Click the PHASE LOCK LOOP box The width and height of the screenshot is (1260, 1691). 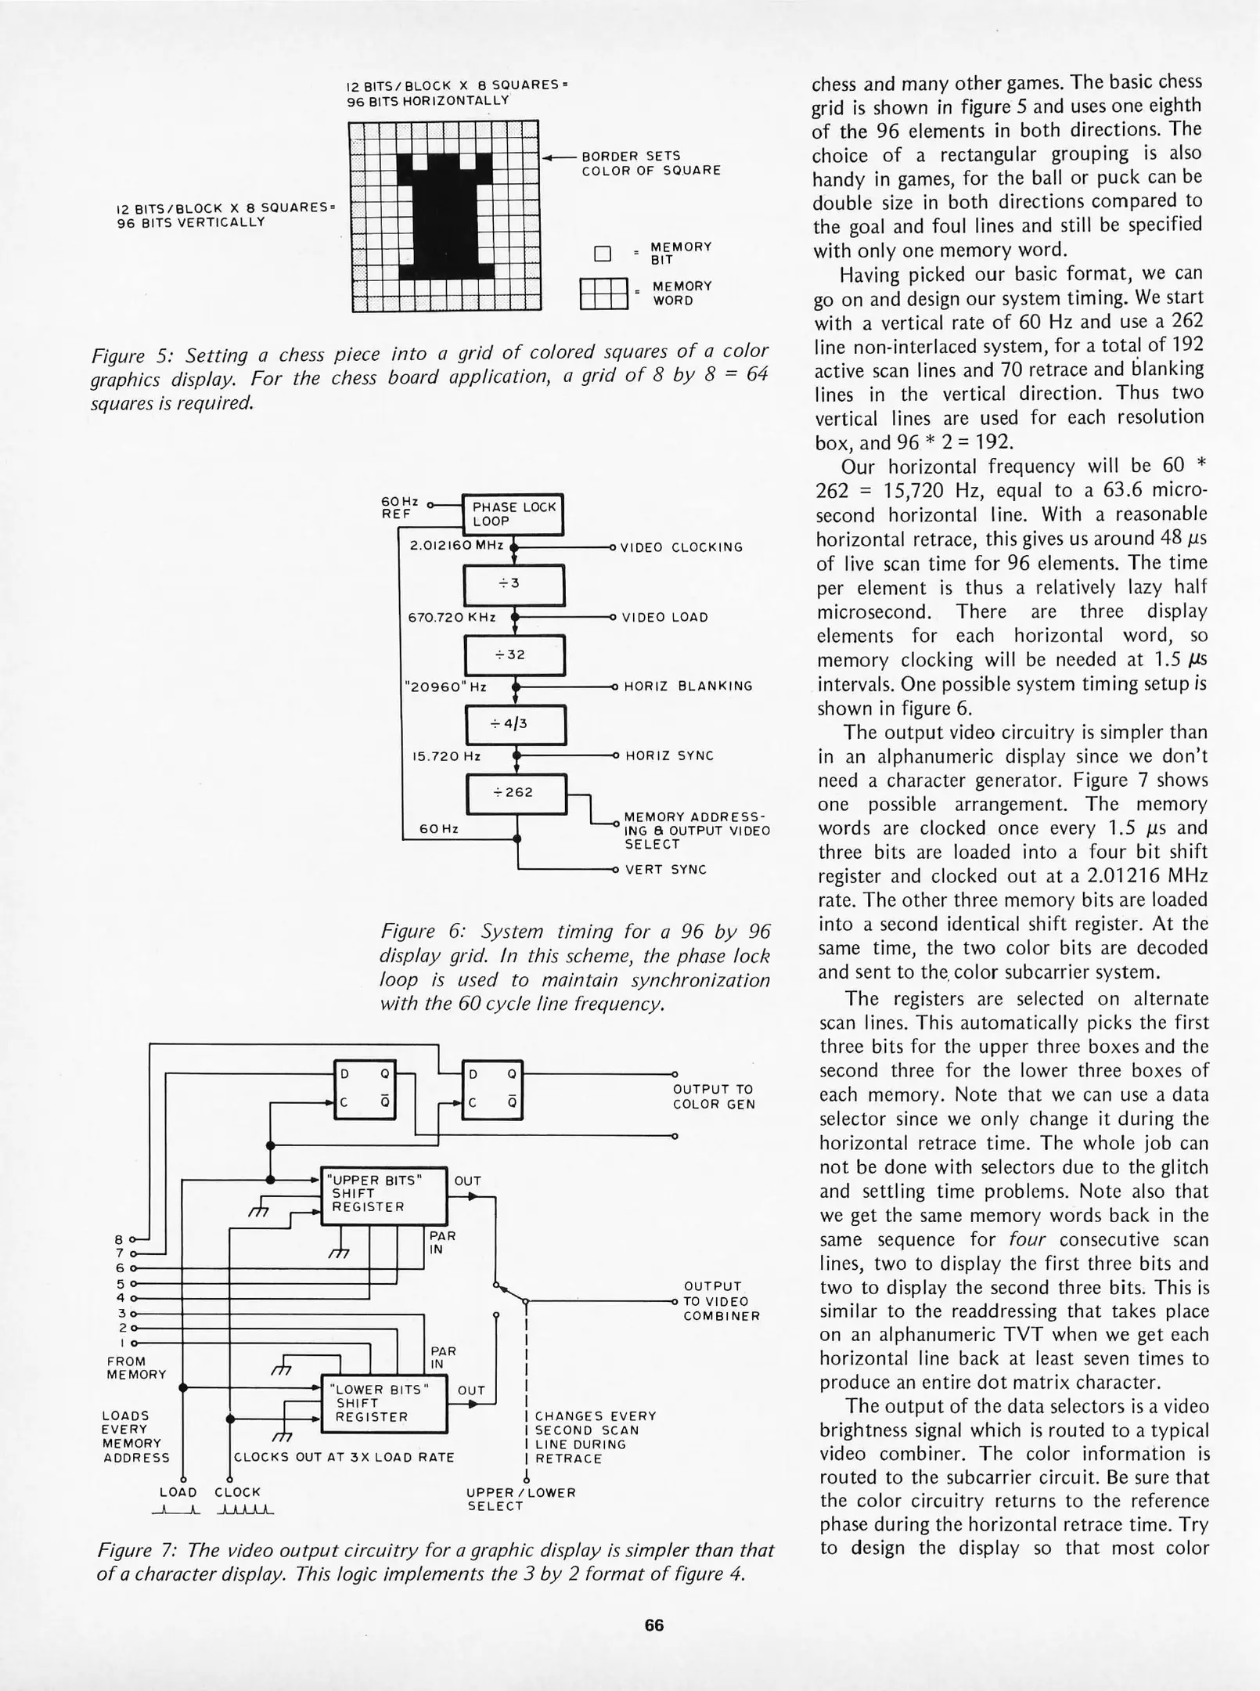point(513,514)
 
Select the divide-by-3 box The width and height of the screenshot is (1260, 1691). point(514,585)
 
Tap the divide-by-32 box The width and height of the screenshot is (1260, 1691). point(514,654)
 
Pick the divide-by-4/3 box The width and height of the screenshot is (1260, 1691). point(515,724)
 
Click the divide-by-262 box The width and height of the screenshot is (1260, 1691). point(516,793)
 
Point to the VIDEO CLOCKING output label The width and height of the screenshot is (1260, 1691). point(681,547)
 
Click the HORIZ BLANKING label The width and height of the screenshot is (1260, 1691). point(688,686)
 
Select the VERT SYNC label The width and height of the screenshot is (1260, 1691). point(665,869)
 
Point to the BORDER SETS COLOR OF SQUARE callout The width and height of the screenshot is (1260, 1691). point(650,163)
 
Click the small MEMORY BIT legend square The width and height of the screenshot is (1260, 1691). point(602,254)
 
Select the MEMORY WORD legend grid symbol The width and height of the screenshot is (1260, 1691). point(604,294)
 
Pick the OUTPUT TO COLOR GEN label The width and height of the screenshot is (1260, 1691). point(713,1097)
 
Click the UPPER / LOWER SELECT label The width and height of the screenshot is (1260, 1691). point(520,1499)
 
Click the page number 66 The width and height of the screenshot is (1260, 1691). point(653,1625)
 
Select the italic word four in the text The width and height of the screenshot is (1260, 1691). point(1028,1239)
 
